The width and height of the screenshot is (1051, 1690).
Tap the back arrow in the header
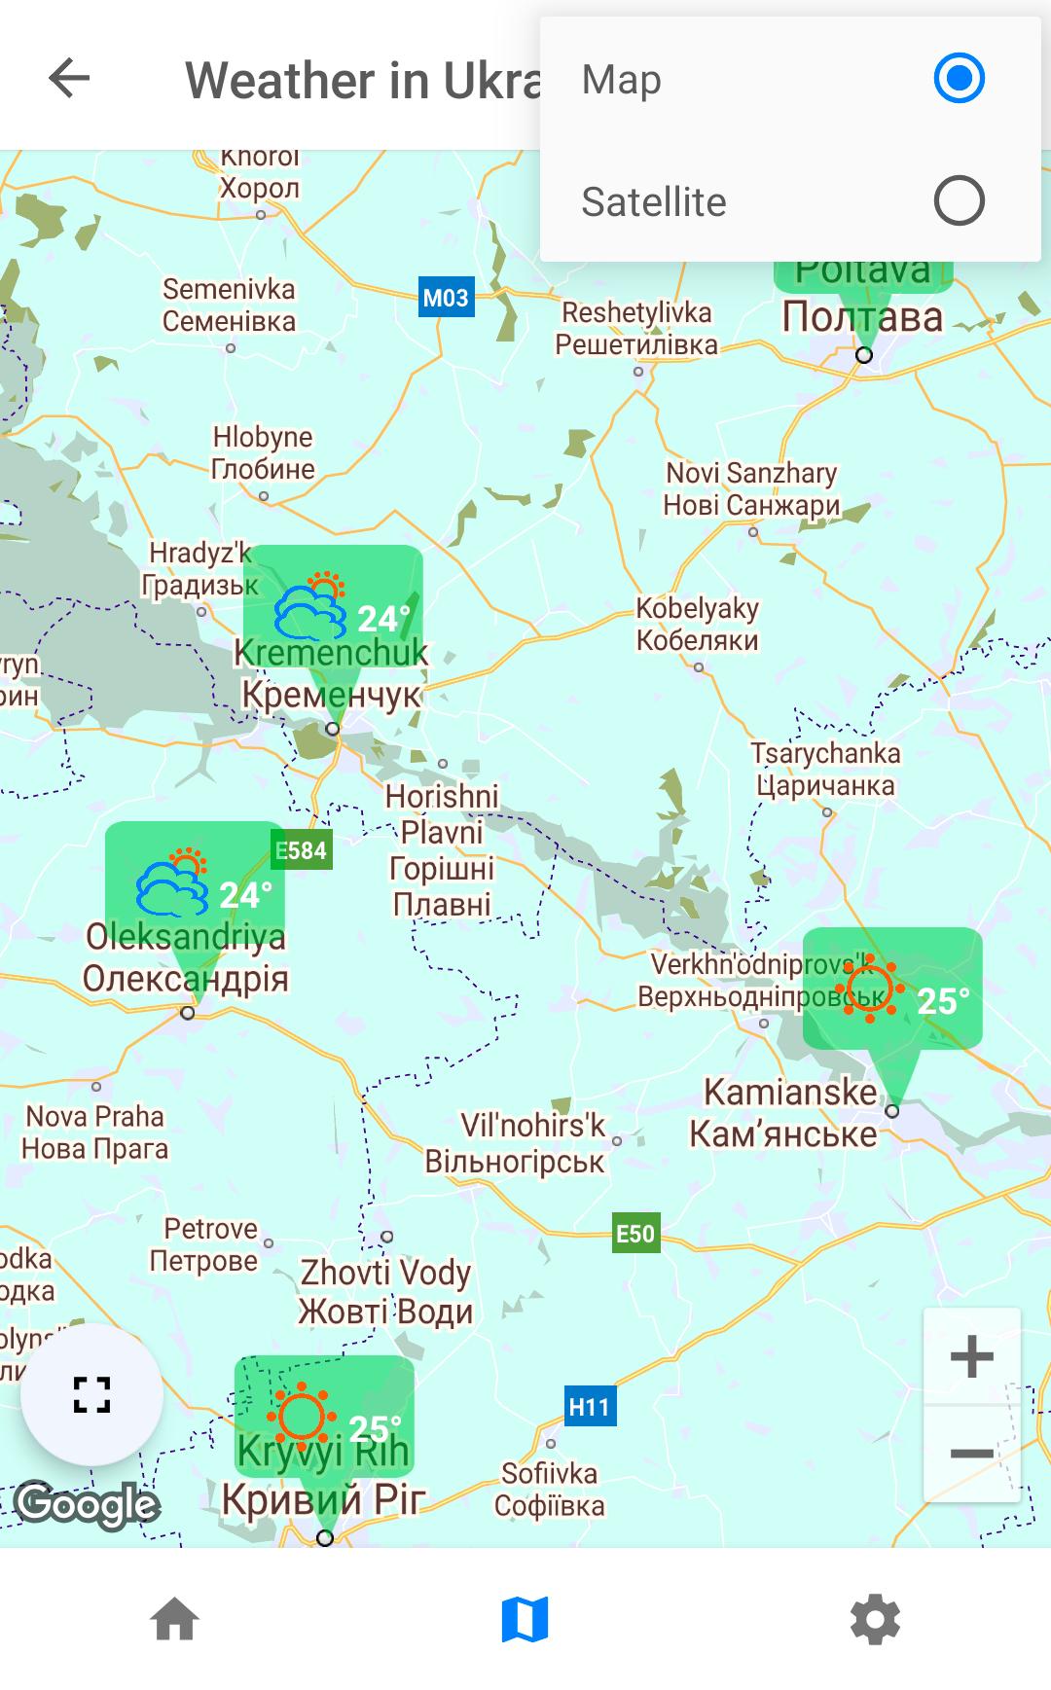(69, 78)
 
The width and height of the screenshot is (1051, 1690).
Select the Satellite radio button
(959, 201)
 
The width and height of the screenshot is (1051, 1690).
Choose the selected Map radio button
(959, 78)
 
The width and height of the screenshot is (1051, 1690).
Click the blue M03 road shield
(446, 298)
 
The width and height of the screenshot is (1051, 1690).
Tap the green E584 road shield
(302, 850)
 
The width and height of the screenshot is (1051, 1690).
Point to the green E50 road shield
(635, 1234)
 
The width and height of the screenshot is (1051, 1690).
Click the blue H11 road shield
(590, 1407)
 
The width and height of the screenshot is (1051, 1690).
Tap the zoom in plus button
(971, 1356)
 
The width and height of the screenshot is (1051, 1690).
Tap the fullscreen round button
(92, 1394)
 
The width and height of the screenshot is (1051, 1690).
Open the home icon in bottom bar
(175, 1620)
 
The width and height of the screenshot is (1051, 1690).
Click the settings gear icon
(875, 1620)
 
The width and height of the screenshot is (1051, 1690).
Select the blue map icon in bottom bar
(525, 1620)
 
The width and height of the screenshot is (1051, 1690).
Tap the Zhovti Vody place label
(385, 1291)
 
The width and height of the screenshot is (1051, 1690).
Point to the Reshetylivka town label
(636, 328)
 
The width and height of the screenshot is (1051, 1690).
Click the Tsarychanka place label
(825, 769)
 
